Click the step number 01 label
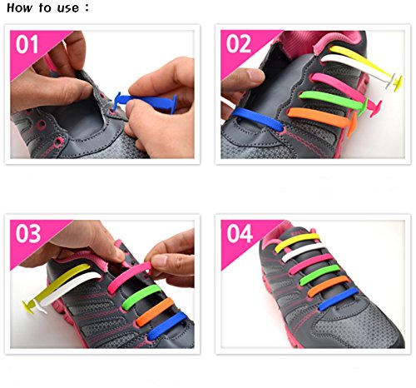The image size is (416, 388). (27, 44)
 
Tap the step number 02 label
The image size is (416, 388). (239, 44)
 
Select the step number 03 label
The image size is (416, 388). (28, 234)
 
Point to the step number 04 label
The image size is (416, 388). (240, 234)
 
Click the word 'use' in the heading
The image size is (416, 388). (68, 8)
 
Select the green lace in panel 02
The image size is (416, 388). (333, 101)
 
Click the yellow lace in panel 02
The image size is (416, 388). (366, 64)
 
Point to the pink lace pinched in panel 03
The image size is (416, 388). (129, 277)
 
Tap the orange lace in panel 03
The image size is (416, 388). (155, 312)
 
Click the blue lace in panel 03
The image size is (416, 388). (167, 326)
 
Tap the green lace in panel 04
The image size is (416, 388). (319, 274)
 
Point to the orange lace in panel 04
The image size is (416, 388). (328, 286)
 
